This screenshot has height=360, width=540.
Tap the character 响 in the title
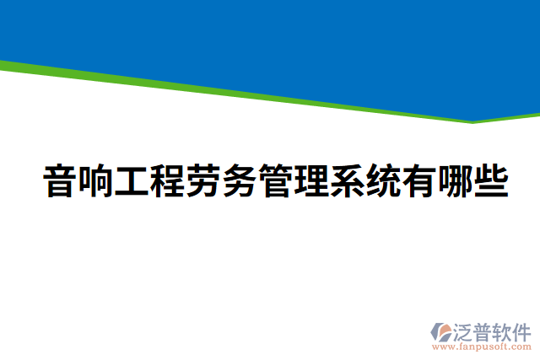(x=95, y=182)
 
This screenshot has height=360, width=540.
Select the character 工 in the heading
(x=131, y=182)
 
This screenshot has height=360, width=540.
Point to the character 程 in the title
(x=167, y=182)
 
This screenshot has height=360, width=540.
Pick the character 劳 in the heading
(x=202, y=182)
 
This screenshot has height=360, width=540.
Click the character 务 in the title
(x=239, y=182)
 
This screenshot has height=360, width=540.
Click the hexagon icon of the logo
(x=441, y=331)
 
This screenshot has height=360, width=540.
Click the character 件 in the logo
(x=522, y=330)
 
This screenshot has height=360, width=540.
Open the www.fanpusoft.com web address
(x=481, y=347)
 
